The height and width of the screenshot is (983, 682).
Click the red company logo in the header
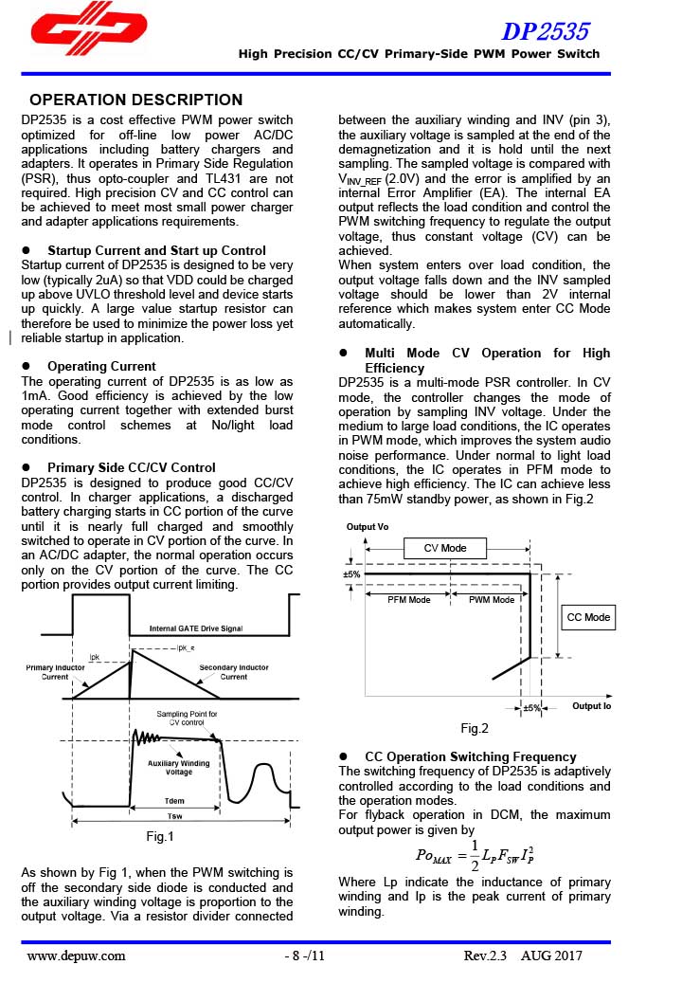pos(88,34)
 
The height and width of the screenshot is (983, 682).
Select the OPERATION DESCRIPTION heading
pos(136,100)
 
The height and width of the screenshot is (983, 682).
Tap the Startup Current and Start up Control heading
pos(156,250)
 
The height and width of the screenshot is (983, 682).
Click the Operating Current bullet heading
pos(101,366)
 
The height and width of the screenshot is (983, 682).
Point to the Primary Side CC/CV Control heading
pos(131,467)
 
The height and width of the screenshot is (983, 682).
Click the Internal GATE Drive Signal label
pos(196,628)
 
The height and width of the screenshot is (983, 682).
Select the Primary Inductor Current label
pos(55,672)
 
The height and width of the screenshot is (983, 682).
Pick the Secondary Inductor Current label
pos(233,672)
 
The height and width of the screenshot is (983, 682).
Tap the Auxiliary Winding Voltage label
pos(178,768)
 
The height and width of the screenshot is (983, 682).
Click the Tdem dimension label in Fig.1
pos(174,800)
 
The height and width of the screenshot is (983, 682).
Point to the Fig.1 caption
pos(160,836)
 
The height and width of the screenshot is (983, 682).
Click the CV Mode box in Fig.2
pos(445,548)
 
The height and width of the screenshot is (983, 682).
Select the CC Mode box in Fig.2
pos(588,617)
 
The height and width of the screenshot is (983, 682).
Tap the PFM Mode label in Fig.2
pos(409,600)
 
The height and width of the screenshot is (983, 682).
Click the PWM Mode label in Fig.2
pos(492,600)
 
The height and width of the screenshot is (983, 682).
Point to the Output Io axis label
pos(591,706)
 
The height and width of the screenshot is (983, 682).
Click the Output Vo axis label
pos(367,526)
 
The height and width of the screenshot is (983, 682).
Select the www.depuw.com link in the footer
pos(76,956)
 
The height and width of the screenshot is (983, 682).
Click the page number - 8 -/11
pos(305,956)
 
